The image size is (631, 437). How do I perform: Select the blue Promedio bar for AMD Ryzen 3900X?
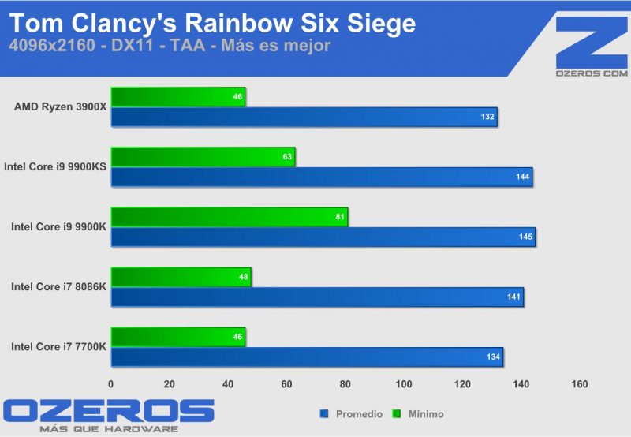tap(304, 117)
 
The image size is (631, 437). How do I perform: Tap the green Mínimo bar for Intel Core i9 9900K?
tap(229, 217)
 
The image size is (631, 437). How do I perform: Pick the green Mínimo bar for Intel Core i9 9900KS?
tap(203, 157)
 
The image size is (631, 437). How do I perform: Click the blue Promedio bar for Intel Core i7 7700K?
tap(307, 357)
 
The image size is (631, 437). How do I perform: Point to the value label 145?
tap(523, 237)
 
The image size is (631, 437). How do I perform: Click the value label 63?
tap(288, 157)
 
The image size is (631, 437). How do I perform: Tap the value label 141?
tap(512, 297)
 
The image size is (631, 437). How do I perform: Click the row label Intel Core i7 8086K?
tap(58, 286)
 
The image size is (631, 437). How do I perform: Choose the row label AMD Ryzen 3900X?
tap(60, 106)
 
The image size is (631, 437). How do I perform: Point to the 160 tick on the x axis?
tap(579, 384)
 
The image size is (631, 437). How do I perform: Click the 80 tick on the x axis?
tap(345, 384)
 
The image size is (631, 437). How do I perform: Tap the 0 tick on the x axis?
tap(111, 384)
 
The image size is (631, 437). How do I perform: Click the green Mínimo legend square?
tap(398, 413)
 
